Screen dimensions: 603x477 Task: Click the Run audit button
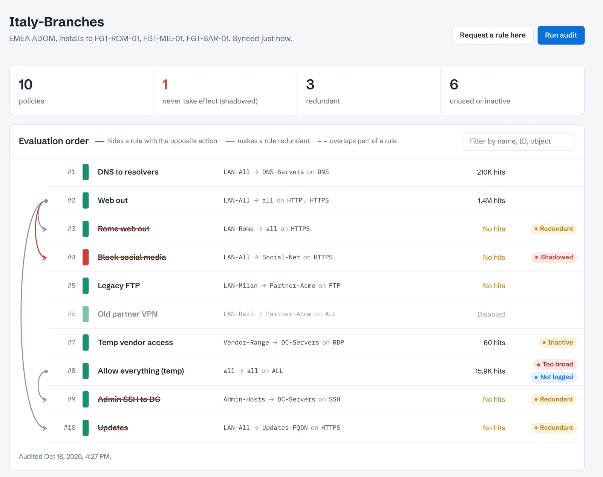pyautogui.click(x=561, y=35)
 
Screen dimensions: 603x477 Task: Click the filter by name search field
pyautogui.click(x=519, y=141)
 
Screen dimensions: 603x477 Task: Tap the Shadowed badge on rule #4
pyautogui.click(x=554, y=257)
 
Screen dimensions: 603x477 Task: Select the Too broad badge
pyautogui.click(x=554, y=364)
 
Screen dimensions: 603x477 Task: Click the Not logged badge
pyautogui.click(x=553, y=377)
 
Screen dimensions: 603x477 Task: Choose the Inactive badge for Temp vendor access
pyautogui.click(x=557, y=342)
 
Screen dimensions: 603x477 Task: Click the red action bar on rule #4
pyautogui.click(x=86, y=257)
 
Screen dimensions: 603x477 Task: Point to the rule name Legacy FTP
pyautogui.click(x=118, y=286)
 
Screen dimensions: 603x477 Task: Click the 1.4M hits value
pyautogui.click(x=491, y=200)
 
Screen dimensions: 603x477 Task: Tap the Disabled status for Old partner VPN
pyautogui.click(x=491, y=314)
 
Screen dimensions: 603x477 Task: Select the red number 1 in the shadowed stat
pyautogui.click(x=165, y=85)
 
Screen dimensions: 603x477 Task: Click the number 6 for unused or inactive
pyautogui.click(x=454, y=85)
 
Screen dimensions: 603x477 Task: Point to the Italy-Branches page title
pyautogui.click(x=56, y=22)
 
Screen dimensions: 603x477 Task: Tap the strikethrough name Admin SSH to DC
pyautogui.click(x=129, y=399)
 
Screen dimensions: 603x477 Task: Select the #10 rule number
pyautogui.click(x=69, y=427)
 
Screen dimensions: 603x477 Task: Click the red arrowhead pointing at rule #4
pyautogui.click(x=44, y=258)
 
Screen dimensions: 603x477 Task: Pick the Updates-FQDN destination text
pyautogui.click(x=285, y=428)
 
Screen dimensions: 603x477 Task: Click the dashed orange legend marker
pyautogui.click(x=322, y=142)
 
